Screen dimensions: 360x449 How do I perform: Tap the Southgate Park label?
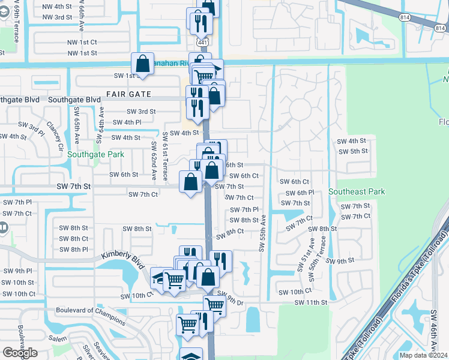95,154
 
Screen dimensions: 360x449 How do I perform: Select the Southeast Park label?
357,191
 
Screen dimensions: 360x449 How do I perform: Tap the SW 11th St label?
311,303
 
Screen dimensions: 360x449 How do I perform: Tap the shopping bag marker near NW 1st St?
143,63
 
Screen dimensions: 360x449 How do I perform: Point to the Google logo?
20,353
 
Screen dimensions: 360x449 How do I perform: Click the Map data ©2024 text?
424,355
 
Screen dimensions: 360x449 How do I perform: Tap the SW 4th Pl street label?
143,122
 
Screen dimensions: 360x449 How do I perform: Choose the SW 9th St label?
342,261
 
